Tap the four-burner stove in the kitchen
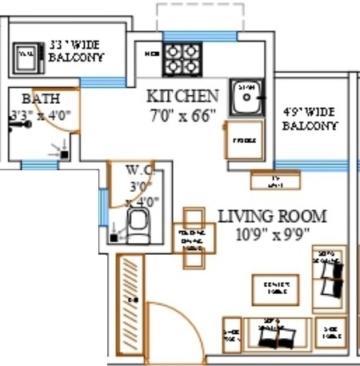click(182, 58)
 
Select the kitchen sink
click(246, 97)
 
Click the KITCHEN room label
click(182, 96)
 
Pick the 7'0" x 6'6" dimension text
click(182, 114)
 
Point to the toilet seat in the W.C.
click(139, 226)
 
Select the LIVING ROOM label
click(272, 216)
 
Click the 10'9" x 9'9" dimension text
click(272, 234)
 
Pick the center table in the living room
click(275, 288)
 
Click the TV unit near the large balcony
click(274, 180)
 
